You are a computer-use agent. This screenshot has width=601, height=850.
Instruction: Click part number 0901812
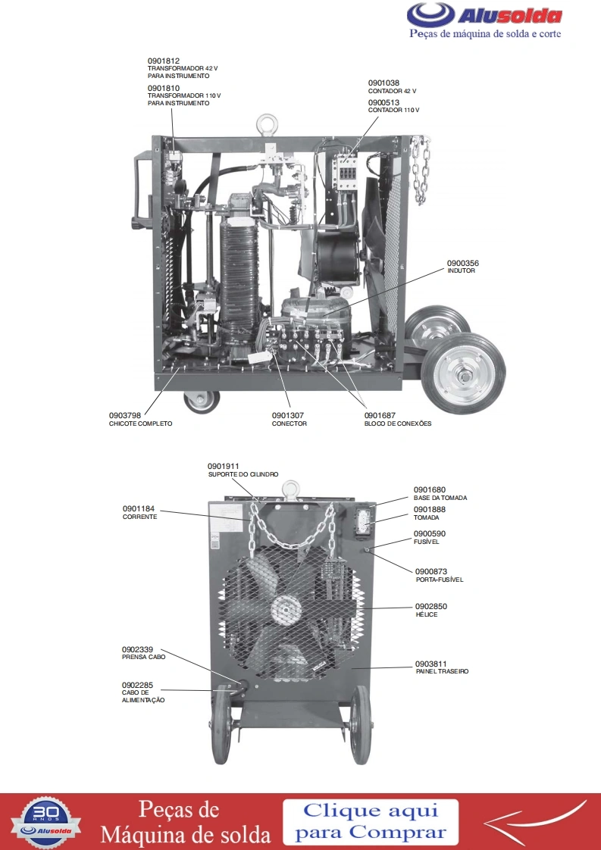click(x=163, y=61)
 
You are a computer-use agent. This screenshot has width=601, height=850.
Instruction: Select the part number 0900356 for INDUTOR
click(x=462, y=264)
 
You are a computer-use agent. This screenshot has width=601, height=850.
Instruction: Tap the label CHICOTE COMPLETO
click(x=140, y=424)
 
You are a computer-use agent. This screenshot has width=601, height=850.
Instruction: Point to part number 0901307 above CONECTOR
click(x=288, y=416)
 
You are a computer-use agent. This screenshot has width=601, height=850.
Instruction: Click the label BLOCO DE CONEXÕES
click(x=398, y=424)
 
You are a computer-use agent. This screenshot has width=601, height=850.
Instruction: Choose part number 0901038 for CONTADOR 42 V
click(x=383, y=83)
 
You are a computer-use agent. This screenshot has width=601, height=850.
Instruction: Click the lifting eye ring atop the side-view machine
click(x=267, y=123)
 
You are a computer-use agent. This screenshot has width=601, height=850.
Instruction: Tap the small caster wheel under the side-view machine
click(x=202, y=402)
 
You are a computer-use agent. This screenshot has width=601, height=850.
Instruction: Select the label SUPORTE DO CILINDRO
click(x=243, y=474)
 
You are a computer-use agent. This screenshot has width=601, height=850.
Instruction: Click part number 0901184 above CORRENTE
click(x=139, y=509)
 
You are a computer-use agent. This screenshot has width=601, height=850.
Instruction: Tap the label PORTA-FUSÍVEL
click(x=440, y=580)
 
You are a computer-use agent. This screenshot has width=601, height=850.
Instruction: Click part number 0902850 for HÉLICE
click(x=431, y=607)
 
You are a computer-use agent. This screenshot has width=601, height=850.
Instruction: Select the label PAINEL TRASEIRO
click(x=442, y=672)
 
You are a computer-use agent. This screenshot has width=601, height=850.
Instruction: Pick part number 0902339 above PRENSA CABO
click(x=137, y=649)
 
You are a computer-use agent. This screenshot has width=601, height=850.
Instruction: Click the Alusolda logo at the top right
click(x=484, y=20)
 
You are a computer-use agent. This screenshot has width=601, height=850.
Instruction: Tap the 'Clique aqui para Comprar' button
click(x=371, y=822)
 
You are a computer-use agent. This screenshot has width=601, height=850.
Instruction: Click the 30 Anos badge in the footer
click(x=46, y=822)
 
